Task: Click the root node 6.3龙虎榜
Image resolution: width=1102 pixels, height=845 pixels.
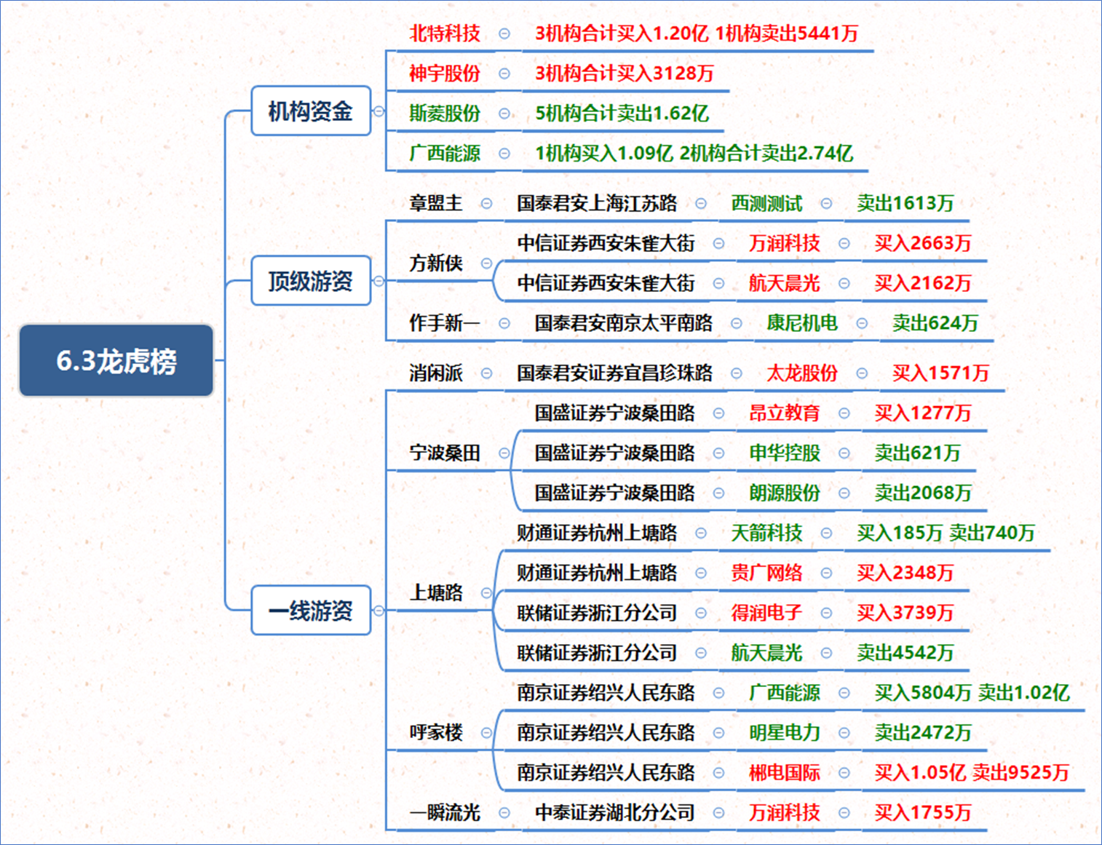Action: point(116,360)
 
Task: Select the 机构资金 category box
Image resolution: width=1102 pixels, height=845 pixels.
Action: point(311,111)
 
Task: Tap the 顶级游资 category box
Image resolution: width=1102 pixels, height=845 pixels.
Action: point(311,280)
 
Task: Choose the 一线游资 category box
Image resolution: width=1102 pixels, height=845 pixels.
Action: point(311,611)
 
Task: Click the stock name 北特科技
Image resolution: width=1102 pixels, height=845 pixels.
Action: point(444,33)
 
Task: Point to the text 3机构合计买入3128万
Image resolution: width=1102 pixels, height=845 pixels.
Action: point(625,74)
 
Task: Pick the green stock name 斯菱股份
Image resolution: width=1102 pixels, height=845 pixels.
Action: point(444,113)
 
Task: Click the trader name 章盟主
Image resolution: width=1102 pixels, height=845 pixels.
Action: point(435,203)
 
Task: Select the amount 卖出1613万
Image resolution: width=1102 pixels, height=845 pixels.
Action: point(905,203)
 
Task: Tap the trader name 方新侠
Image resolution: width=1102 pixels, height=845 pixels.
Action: point(435,263)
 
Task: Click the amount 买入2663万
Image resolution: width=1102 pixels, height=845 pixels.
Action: point(922,243)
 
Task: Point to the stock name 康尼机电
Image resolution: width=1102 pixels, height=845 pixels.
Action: point(802,323)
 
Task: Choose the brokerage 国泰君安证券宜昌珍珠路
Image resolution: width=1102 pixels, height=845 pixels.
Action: point(614,373)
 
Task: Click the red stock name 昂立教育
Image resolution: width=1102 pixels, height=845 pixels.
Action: point(785,413)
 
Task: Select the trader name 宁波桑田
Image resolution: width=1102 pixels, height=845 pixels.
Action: point(444,453)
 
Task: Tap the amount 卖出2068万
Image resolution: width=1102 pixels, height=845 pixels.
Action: point(922,493)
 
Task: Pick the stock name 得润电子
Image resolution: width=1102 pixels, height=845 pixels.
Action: point(766,613)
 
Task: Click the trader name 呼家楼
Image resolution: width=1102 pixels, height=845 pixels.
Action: point(435,732)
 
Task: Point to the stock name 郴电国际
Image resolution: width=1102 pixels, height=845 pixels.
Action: point(785,772)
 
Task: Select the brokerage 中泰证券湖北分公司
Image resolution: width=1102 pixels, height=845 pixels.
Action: point(614,812)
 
